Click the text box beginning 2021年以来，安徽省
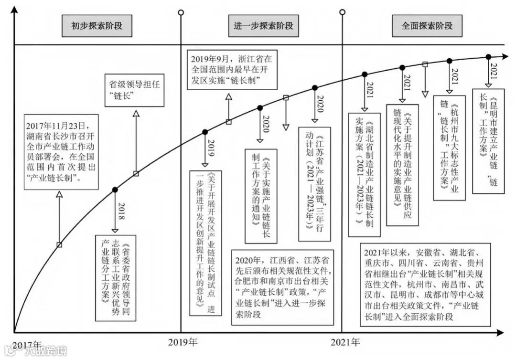(x=425, y=285)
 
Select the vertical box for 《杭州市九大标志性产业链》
(x=449, y=148)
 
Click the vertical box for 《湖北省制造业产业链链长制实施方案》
(x=364, y=174)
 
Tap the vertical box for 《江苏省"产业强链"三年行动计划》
(x=314, y=184)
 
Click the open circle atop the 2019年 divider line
(x=181, y=12)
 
